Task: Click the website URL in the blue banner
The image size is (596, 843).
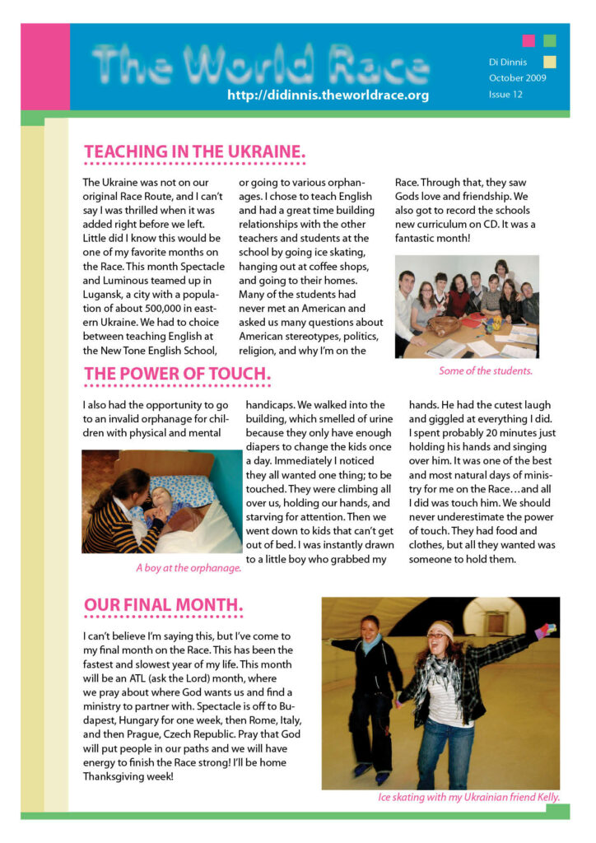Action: [328, 95]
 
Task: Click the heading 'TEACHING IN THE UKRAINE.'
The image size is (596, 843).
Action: [194, 152]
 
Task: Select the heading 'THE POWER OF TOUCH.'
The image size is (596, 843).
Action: [177, 375]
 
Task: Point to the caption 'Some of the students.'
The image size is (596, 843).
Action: [486, 370]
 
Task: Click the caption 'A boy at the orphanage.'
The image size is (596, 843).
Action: [189, 568]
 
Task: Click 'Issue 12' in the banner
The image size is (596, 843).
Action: [505, 95]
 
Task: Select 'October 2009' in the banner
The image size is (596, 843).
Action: [517, 78]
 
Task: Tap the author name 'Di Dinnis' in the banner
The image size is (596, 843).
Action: [508, 62]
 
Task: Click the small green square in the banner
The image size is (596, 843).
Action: [549, 40]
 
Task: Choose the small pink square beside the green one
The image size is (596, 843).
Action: [528, 40]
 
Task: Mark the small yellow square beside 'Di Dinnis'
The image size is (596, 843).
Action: [549, 61]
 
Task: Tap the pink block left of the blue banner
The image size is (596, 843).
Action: [44, 66]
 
